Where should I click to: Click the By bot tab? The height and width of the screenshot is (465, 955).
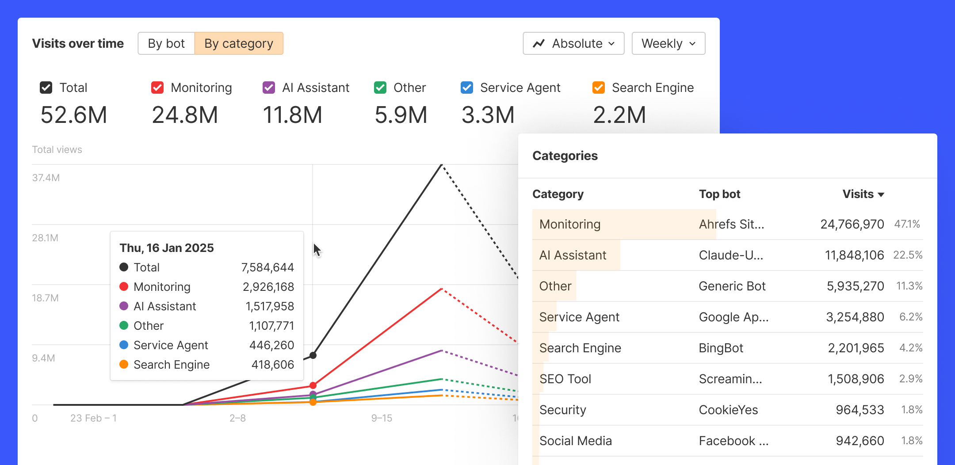166,43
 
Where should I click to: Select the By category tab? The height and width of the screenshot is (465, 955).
239,43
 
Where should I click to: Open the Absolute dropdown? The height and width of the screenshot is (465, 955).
573,43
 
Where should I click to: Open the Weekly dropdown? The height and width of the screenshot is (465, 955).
668,43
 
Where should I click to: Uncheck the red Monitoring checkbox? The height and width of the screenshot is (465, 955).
157,88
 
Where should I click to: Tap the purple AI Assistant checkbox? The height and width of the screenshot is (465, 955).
269,88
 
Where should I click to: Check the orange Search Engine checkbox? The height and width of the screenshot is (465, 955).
599,88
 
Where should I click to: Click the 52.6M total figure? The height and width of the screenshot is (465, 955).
74,115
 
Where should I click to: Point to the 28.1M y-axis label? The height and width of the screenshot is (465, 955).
45,238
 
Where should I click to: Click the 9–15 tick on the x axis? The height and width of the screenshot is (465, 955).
382,418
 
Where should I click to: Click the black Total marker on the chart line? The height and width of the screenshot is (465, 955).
313,355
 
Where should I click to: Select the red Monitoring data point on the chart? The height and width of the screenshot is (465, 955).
313,385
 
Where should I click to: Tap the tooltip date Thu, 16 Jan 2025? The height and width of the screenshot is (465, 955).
167,248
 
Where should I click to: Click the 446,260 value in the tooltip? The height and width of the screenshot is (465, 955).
271,345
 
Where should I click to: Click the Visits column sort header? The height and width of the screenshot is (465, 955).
863,194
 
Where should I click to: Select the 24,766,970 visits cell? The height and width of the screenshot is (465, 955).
852,224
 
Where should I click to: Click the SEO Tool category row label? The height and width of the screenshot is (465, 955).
565,379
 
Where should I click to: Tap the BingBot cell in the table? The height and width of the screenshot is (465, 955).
721,348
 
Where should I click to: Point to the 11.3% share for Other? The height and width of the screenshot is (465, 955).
909,286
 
